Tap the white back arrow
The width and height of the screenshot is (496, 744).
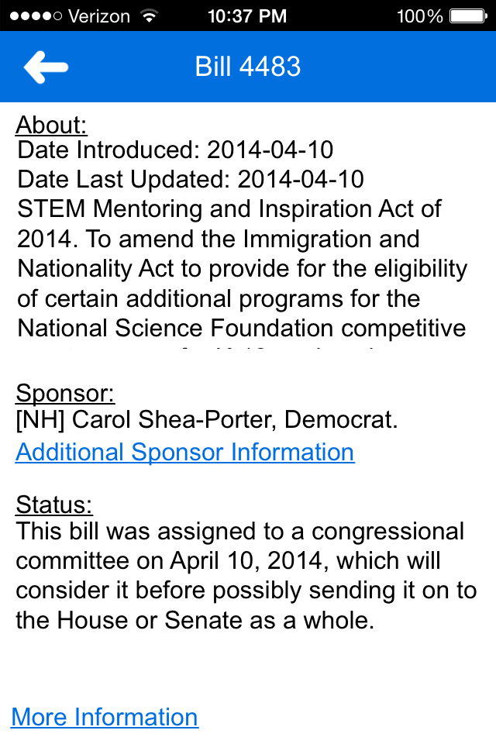coord(46,67)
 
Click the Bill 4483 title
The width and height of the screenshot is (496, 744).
coord(248,67)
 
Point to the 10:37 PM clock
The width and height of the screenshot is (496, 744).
coord(247,15)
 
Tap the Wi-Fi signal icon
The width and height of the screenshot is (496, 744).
coord(146,15)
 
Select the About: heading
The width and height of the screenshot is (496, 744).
coord(51,125)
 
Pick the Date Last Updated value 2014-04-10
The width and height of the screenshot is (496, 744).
coord(301,179)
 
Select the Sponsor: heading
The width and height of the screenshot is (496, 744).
coord(65,393)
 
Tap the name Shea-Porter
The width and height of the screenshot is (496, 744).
coord(207,421)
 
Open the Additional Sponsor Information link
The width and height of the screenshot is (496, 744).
coord(185,452)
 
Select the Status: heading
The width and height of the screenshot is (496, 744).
coord(54,505)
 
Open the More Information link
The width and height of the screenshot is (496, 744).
coord(105,717)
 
